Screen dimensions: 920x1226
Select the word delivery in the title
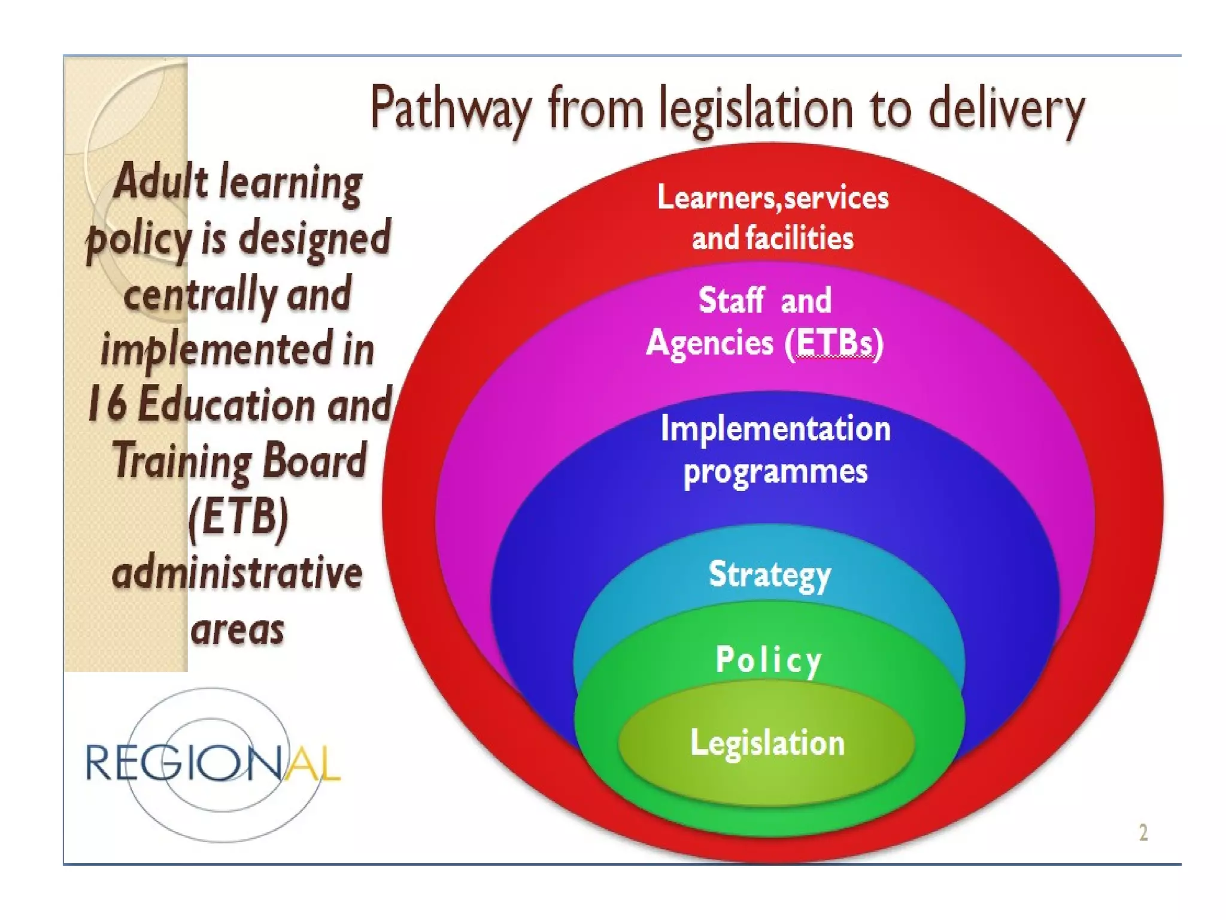[1006, 109]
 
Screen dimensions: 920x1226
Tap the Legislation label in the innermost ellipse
[767, 743]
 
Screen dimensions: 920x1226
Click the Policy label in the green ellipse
[769, 659]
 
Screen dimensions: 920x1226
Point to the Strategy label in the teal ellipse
[770, 575]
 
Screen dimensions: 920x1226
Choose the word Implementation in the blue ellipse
[775, 429]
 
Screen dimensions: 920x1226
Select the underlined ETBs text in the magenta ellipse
[835, 343]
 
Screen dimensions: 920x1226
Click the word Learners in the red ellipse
[716, 197]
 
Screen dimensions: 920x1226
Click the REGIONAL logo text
[213, 763]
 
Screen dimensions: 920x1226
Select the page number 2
[1143, 833]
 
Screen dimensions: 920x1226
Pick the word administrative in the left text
[237, 573]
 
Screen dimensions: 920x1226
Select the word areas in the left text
[237, 629]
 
